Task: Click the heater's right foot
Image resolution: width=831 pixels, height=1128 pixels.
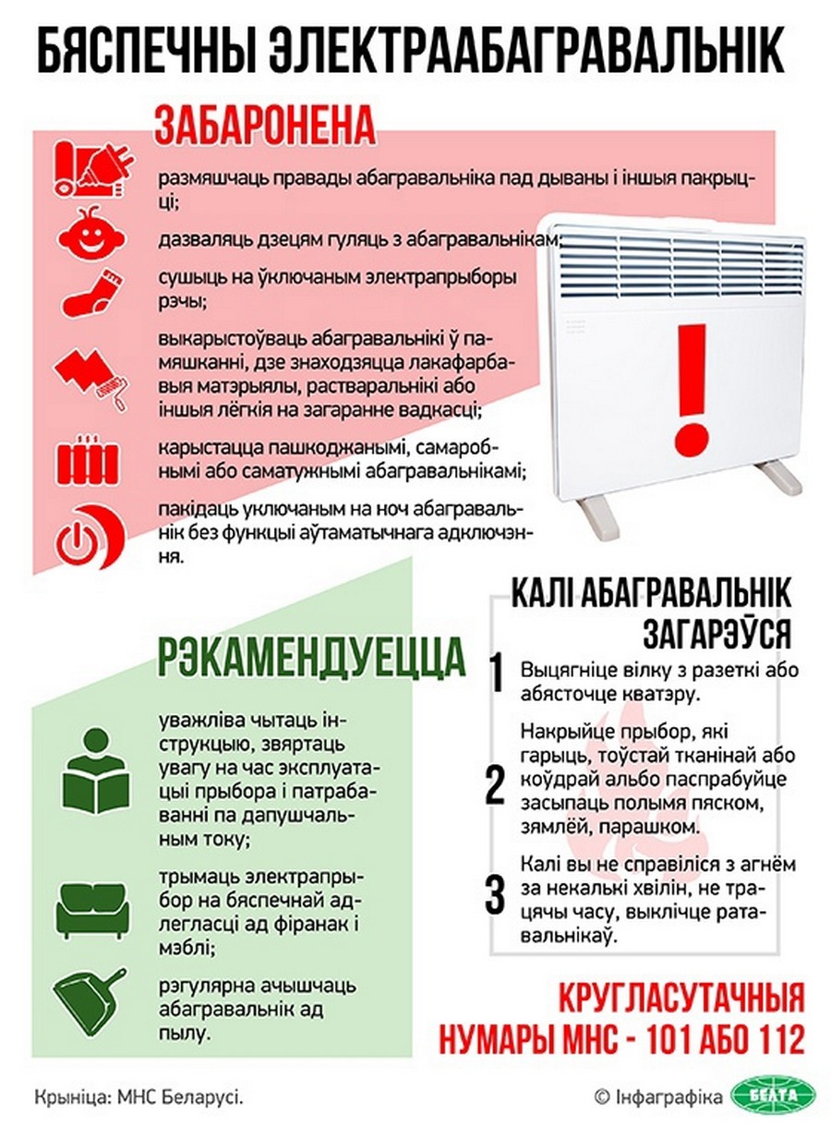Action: click(774, 478)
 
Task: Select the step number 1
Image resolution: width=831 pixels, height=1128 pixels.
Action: click(496, 675)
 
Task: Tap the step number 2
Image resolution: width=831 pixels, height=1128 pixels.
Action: click(496, 785)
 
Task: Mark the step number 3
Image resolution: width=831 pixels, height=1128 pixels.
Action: click(496, 893)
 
